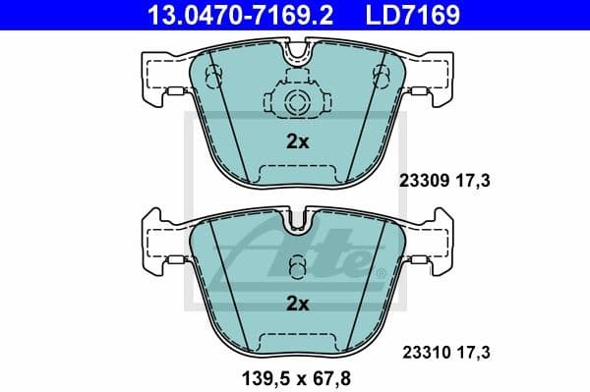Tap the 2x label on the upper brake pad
point(297,141)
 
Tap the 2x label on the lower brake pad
point(297,304)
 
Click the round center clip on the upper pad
point(297,102)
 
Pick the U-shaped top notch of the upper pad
point(297,57)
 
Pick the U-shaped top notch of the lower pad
point(297,223)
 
